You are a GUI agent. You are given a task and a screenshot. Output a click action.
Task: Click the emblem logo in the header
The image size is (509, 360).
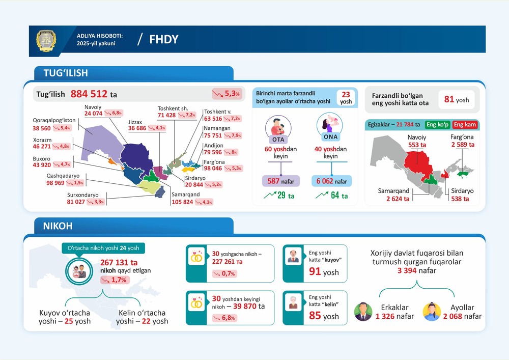click(46, 40)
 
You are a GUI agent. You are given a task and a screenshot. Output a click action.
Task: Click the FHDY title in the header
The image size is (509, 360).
click(163, 40)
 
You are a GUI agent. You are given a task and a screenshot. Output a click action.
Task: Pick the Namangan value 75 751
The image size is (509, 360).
click(214, 136)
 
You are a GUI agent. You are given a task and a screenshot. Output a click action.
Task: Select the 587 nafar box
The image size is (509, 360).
click(281, 181)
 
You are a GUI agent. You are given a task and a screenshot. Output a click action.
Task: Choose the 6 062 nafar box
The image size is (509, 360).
click(331, 181)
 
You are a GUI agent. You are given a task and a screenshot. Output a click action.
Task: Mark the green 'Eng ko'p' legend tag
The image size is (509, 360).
click(438, 124)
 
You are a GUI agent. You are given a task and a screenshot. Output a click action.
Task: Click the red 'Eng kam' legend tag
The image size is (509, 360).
click(465, 124)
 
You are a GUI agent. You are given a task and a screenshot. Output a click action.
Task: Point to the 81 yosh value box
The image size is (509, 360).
click(456, 100)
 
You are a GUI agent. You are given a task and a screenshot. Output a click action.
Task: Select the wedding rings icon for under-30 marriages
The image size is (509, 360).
click(196, 258)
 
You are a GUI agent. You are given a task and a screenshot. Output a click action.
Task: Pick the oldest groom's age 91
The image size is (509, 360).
click(315, 271)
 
